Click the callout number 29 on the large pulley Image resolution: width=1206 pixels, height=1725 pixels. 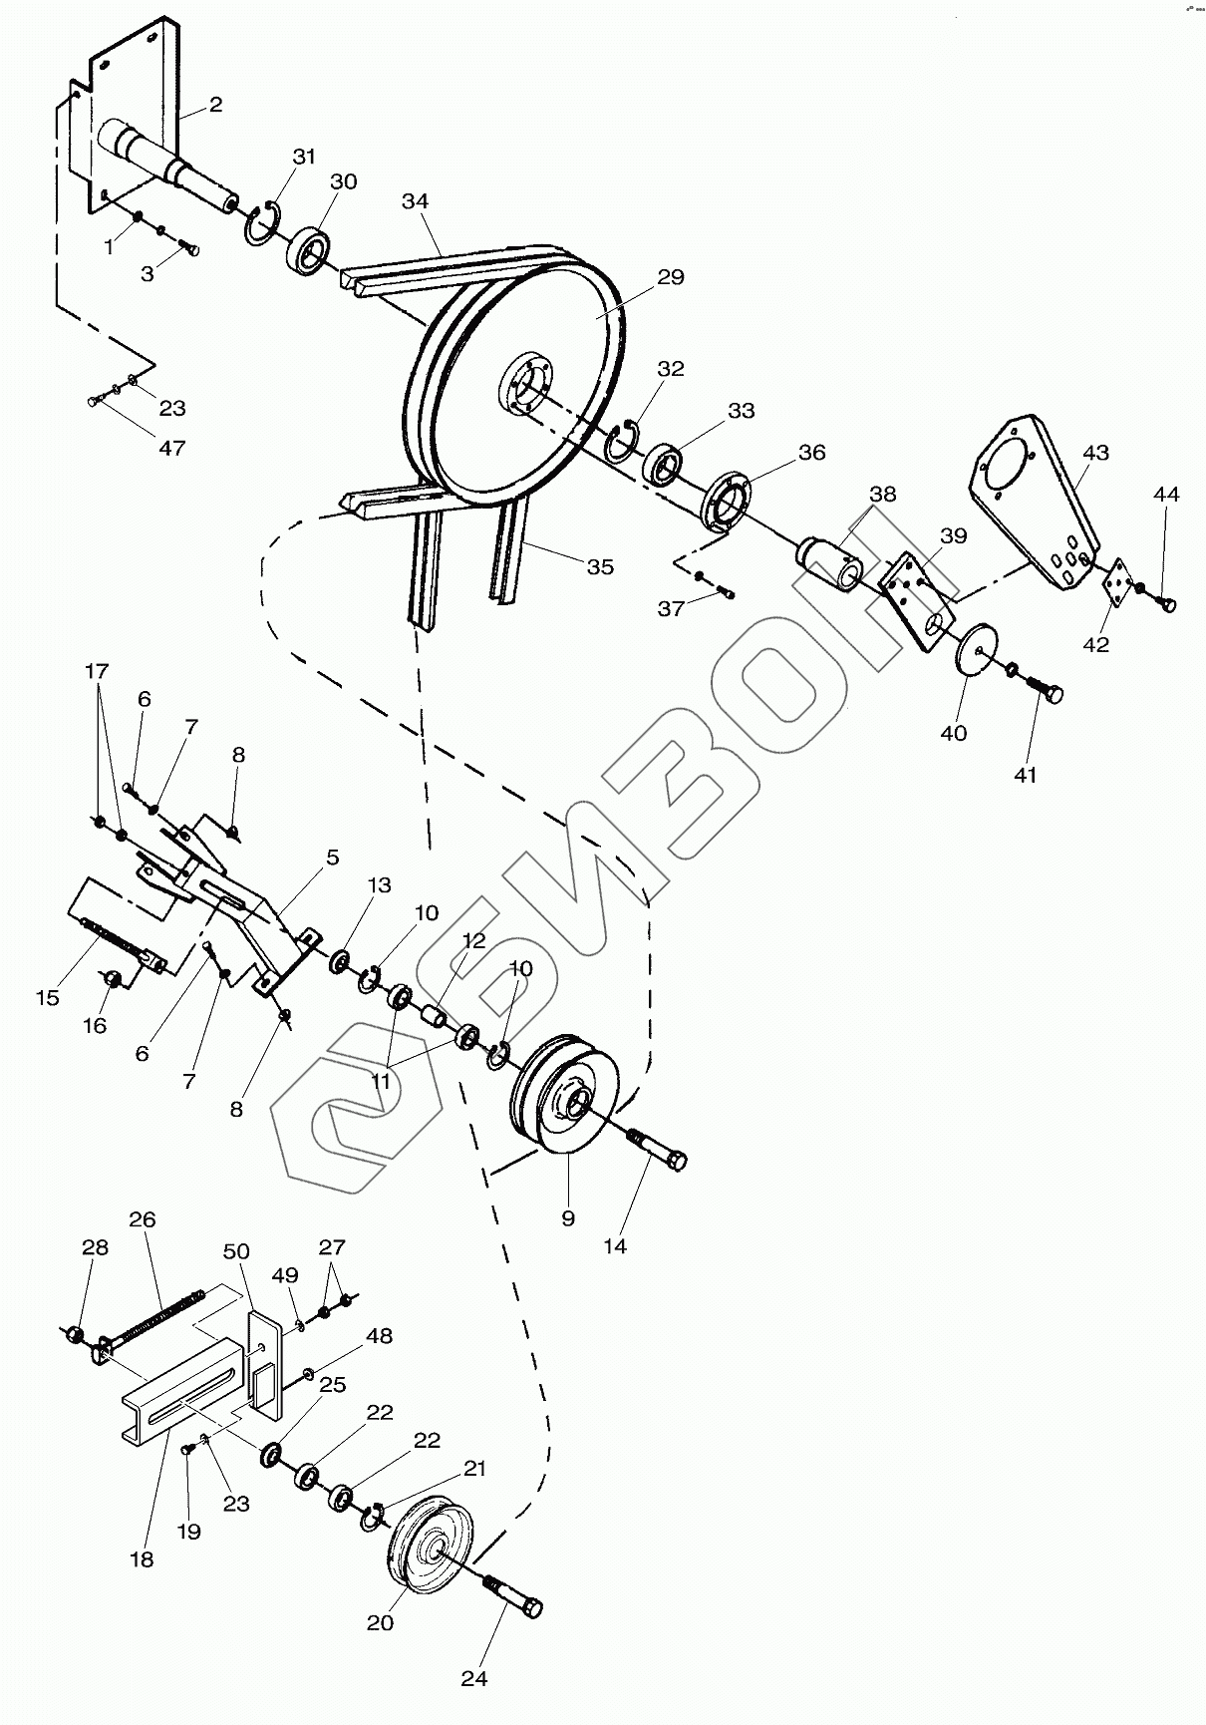[671, 277]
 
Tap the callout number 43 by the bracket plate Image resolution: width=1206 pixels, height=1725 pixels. [1095, 453]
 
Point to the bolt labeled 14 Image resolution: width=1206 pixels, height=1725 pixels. [658, 1148]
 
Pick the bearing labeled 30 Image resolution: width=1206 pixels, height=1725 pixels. [310, 249]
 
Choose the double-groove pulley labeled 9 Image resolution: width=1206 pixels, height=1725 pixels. [564, 1098]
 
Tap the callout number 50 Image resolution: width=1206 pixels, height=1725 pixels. [236, 1252]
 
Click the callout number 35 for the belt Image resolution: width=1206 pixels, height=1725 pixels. [600, 567]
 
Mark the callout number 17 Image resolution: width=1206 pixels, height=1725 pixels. [96, 671]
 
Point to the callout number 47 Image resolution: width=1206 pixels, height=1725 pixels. [172, 448]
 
